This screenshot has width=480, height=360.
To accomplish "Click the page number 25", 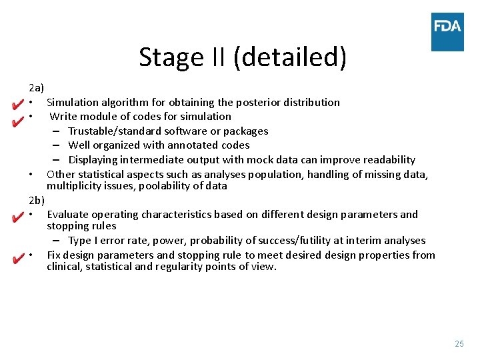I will (459, 343).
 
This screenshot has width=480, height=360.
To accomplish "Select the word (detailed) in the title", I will (290, 58).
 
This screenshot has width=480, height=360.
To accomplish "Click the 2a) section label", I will (36, 88).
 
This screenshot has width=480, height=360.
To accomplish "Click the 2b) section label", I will (37, 200).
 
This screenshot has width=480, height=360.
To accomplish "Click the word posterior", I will (259, 102).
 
